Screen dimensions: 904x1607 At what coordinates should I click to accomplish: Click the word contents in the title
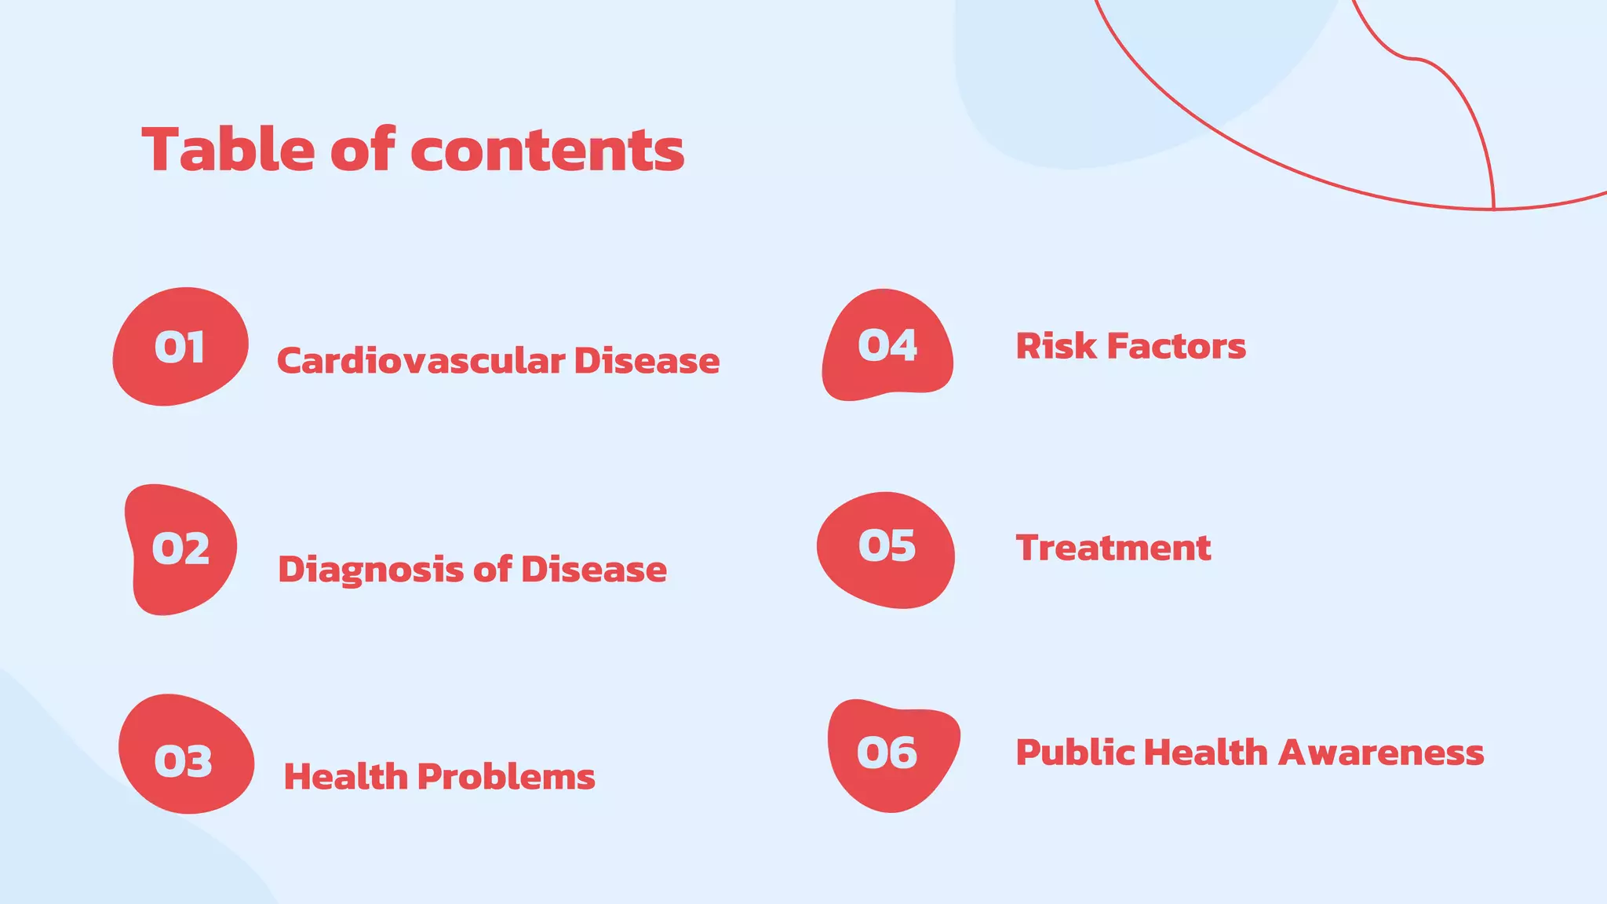547,151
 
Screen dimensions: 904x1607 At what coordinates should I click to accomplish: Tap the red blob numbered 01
180,347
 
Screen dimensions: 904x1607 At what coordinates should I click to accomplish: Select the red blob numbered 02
180,549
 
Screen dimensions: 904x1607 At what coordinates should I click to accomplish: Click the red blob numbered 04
887,345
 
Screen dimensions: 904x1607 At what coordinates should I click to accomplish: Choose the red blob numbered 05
886,549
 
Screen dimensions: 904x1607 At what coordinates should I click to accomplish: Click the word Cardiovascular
421,361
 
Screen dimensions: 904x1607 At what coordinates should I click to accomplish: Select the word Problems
506,777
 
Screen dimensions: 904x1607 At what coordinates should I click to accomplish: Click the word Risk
1055,346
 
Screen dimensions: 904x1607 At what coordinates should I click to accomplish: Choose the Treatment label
1113,548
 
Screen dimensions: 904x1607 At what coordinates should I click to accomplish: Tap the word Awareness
1381,753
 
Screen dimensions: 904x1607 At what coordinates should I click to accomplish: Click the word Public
1075,753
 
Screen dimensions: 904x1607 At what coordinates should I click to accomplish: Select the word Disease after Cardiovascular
647,361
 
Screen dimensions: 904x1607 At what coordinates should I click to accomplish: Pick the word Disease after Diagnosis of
593,570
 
